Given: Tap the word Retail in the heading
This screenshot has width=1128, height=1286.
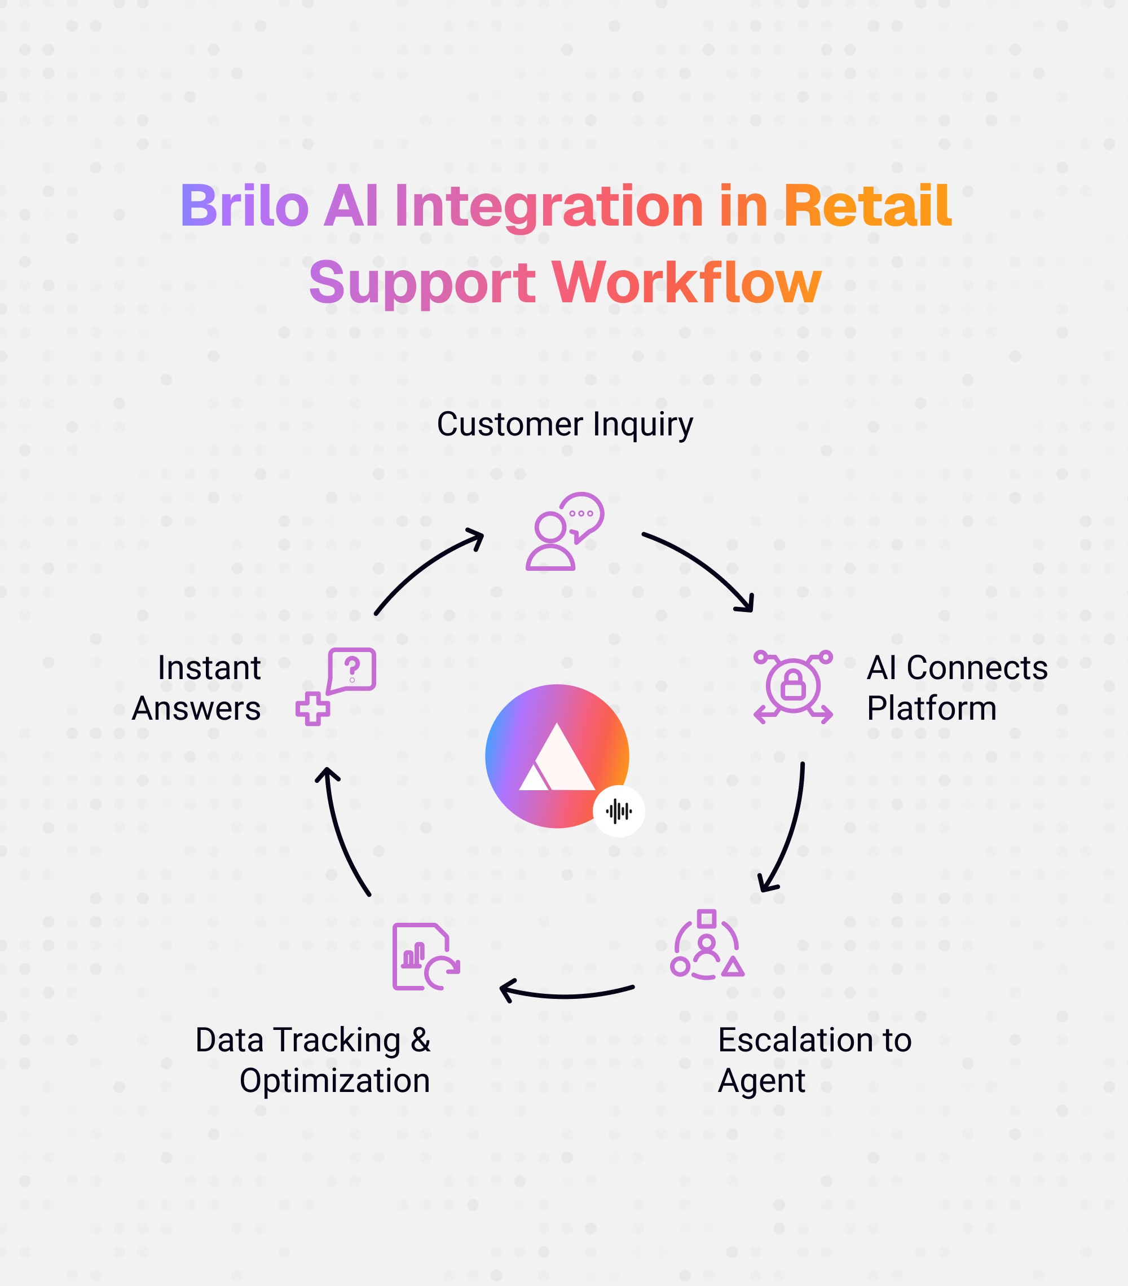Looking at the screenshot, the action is click(x=867, y=206).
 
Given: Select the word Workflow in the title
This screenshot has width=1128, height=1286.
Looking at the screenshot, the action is click(x=686, y=283).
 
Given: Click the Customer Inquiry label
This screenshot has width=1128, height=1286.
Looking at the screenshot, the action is click(x=565, y=424).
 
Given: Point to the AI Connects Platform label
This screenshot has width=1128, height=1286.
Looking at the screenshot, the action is click(x=956, y=688).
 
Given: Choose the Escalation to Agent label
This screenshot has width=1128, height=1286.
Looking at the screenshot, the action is click(x=814, y=1060).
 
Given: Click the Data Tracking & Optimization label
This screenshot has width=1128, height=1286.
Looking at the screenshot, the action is click(x=313, y=1060).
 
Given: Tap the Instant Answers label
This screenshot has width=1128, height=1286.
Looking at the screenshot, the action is click(x=197, y=688).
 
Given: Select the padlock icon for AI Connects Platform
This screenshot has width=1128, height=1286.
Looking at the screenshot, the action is click(x=792, y=686).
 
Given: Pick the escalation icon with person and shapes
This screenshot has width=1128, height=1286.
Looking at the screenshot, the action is click(x=707, y=945).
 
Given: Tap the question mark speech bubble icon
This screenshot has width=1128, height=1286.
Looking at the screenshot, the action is click(x=337, y=686).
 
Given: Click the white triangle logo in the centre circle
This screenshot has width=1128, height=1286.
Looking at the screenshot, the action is click(x=556, y=757).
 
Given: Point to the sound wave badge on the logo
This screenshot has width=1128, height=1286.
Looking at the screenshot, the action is click(x=618, y=811).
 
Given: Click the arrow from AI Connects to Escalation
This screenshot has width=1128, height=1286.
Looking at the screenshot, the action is click(x=790, y=830).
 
